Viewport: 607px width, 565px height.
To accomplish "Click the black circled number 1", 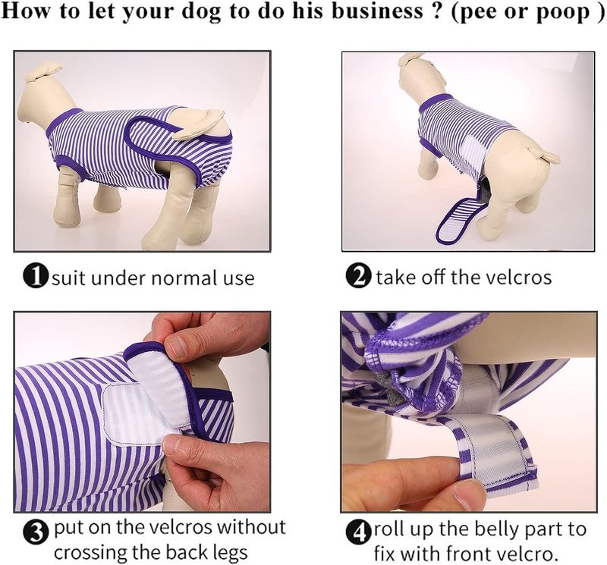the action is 36,277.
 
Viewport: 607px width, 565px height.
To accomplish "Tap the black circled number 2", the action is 358,277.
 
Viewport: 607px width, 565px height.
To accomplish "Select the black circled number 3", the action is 36,533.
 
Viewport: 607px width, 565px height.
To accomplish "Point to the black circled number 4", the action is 358,533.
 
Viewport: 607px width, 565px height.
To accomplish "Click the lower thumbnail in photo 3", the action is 178,444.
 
